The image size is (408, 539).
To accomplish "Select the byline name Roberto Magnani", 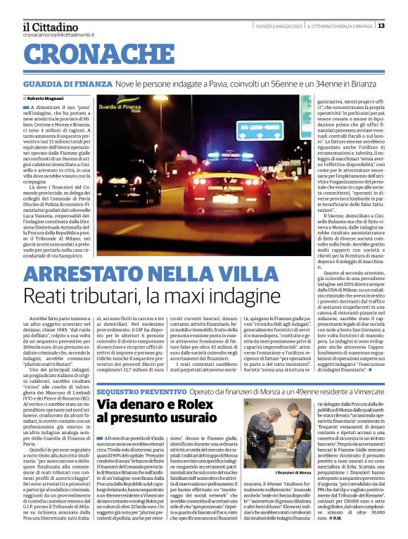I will (44, 98).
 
